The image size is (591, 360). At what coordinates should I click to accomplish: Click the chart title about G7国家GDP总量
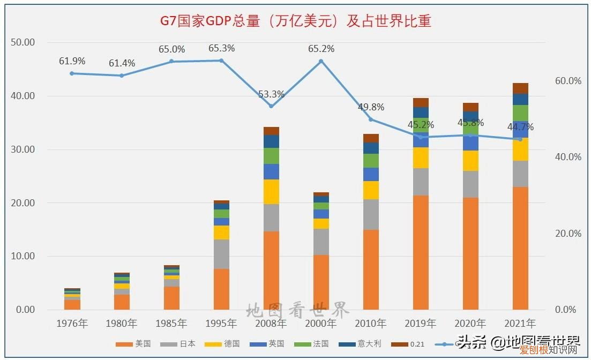click(296, 21)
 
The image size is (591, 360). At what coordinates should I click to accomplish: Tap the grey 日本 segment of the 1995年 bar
click(221, 254)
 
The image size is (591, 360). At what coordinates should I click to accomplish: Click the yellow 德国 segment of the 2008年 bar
click(271, 192)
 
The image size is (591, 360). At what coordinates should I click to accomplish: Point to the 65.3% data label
click(221, 49)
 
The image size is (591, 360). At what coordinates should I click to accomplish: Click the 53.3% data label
click(271, 94)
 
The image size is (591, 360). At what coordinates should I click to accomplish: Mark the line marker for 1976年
click(72, 73)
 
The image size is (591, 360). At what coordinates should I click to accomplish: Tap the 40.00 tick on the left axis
click(23, 96)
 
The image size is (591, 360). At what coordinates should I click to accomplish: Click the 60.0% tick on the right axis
click(568, 81)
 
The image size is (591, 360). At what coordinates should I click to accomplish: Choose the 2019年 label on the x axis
click(421, 324)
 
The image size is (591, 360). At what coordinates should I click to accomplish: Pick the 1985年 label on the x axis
click(171, 324)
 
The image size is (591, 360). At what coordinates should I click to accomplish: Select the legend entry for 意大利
click(365, 344)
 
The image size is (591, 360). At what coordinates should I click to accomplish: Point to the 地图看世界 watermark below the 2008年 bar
click(297, 310)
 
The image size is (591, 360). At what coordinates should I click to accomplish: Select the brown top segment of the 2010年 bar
click(371, 138)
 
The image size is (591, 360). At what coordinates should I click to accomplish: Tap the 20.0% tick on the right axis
click(568, 234)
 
